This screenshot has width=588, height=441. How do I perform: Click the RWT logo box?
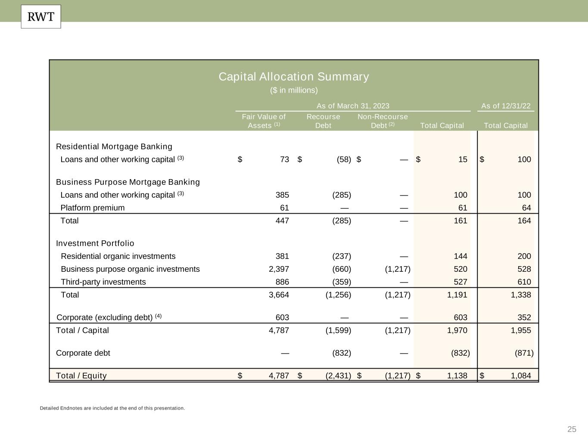41,17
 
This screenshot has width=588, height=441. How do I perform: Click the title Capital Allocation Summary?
294,77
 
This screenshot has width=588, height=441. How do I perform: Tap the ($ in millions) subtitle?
294,90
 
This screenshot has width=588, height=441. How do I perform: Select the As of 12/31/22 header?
506,106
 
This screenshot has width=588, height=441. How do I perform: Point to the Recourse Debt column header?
323,121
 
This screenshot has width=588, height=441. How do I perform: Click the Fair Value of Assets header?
264,121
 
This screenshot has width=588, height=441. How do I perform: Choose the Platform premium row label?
93,208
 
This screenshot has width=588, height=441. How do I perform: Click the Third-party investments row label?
103,282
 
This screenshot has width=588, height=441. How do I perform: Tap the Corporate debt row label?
83,353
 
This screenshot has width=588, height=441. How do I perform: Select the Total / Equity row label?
81,376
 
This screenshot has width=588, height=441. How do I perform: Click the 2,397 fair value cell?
278,269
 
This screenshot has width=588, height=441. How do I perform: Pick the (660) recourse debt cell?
342,269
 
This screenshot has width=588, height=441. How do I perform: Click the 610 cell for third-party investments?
524,282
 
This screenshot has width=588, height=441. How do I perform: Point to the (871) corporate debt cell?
524,353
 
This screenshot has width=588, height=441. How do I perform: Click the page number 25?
572,429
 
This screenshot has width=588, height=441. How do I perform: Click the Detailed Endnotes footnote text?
112,408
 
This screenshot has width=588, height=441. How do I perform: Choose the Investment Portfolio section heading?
95,243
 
